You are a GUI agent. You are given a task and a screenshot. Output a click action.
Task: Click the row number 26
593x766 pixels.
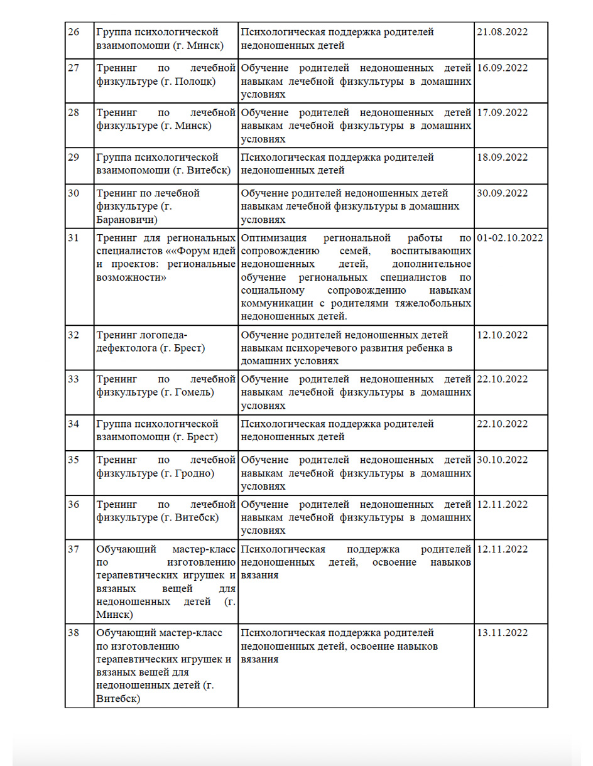(73, 32)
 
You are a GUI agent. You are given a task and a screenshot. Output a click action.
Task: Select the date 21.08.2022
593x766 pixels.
(503, 32)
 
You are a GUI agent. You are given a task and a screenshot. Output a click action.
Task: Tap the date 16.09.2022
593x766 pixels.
(503, 68)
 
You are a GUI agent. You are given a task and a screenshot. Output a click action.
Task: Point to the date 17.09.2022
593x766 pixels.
(503, 112)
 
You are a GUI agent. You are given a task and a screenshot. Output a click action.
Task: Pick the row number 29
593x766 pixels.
(73, 157)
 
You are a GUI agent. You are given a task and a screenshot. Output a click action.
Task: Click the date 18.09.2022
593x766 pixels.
(503, 157)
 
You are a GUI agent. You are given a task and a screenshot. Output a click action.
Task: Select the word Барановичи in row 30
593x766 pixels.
(128, 220)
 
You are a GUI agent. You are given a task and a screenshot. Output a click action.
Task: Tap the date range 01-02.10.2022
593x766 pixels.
(510, 238)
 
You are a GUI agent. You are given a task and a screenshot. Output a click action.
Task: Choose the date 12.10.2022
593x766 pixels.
(503, 335)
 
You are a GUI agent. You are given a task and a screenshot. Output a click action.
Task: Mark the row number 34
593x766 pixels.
(73, 424)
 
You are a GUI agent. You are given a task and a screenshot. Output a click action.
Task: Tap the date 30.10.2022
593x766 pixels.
(503, 460)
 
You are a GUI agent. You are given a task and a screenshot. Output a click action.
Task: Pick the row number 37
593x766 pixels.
(73, 549)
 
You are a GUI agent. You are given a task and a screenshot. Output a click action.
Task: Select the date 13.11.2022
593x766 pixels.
(503, 632)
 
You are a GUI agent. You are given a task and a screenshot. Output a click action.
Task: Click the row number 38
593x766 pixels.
(73, 632)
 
